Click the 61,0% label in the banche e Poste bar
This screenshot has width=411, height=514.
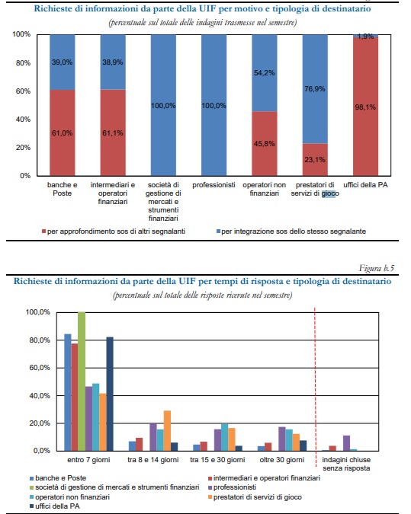62,133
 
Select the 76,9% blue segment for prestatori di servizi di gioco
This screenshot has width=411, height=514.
315,89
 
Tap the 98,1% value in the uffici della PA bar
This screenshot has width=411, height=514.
365,107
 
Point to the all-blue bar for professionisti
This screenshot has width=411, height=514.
214,105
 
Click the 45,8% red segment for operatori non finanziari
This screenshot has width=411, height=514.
265,144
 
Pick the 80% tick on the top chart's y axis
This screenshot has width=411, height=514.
23,62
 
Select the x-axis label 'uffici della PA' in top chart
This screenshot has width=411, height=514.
365,185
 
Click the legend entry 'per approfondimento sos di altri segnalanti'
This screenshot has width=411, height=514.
114,231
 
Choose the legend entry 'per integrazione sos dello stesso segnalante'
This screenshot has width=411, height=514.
291,231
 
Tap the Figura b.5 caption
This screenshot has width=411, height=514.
377,269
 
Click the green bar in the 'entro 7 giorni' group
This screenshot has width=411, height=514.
82,382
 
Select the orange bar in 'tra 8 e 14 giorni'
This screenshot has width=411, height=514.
167,431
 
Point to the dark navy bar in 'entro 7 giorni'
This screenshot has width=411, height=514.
110,394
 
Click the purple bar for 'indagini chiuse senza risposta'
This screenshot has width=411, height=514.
346,443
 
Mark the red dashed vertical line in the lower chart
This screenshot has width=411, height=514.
315,388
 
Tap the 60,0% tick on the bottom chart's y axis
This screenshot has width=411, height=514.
38,368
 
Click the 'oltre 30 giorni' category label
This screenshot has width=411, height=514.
281,460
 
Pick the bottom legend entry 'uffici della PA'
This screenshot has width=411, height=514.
54,506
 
